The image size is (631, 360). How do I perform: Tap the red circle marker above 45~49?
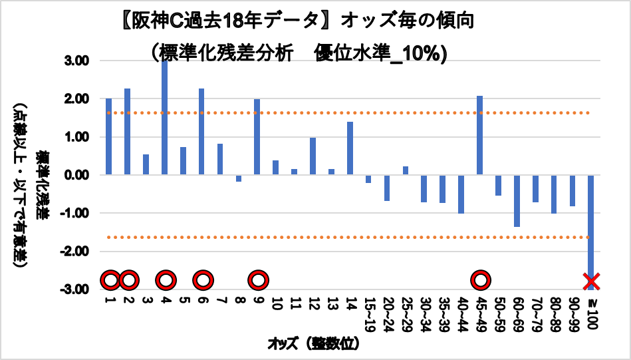click(480, 280)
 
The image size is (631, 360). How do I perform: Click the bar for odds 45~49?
click(479, 136)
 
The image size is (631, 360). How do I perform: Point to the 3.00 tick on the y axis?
click(79, 61)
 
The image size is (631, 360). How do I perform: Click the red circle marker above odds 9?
click(257, 280)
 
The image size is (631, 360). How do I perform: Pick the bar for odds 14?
click(350, 148)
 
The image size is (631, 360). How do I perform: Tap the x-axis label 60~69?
click(517, 312)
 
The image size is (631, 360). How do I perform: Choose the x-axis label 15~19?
click(368, 312)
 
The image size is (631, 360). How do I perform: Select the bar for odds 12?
click(313, 156)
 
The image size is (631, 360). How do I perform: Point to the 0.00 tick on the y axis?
click(79, 176)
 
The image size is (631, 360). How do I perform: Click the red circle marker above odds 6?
click(201, 280)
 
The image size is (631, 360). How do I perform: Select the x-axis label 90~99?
click(572, 312)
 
